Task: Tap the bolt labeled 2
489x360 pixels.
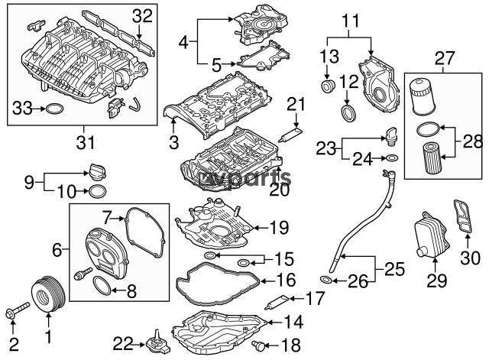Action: [x=16, y=313]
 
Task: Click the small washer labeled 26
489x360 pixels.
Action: [x=325, y=281]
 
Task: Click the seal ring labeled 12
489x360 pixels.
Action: [x=348, y=115]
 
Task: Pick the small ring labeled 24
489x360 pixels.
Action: [x=391, y=159]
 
